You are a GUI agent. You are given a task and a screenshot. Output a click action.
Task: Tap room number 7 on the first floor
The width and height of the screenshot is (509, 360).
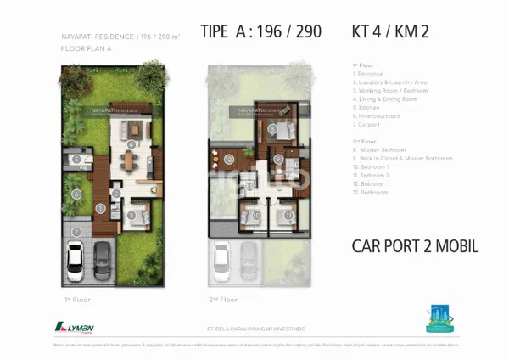(x=76, y=231)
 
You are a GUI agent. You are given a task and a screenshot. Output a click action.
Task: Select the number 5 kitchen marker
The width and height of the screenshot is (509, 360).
(x=76, y=159)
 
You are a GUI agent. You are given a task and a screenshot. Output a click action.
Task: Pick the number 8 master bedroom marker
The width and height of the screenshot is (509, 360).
(x=272, y=129)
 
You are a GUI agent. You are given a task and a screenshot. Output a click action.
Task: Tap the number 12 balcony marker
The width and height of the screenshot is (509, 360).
(x=228, y=159)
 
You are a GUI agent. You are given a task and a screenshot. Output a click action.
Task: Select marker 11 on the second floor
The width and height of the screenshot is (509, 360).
(x=288, y=215)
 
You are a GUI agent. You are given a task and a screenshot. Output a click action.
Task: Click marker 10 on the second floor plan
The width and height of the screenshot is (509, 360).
(x=256, y=215)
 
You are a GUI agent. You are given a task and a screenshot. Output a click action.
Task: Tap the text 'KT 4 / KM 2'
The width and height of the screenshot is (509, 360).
(x=389, y=32)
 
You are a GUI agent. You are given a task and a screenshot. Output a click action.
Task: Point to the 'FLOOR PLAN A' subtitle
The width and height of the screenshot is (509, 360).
(x=87, y=48)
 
